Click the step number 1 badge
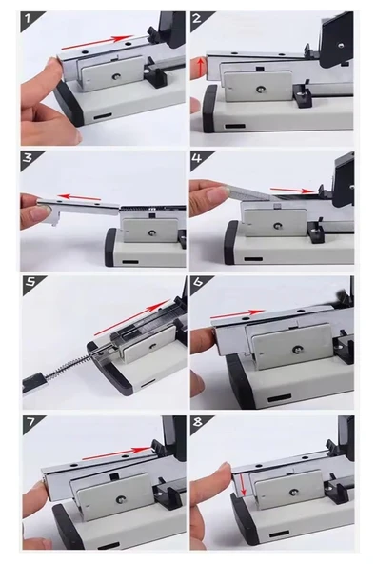coord(29,19)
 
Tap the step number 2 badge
coord(199,19)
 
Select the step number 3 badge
coord(29,158)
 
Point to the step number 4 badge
coord(199,158)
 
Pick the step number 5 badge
coord(31,283)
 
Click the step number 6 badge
coord(199,283)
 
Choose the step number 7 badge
coord(31,423)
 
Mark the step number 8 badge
coord(199,423)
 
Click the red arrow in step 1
coord(98,42)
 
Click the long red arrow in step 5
coord(132,317)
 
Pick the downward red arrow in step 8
coord(242,485)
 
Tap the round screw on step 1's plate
coord(116,76)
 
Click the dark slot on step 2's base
coord(235,126)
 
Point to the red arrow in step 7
coord(116,453)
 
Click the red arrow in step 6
coord(238,314)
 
